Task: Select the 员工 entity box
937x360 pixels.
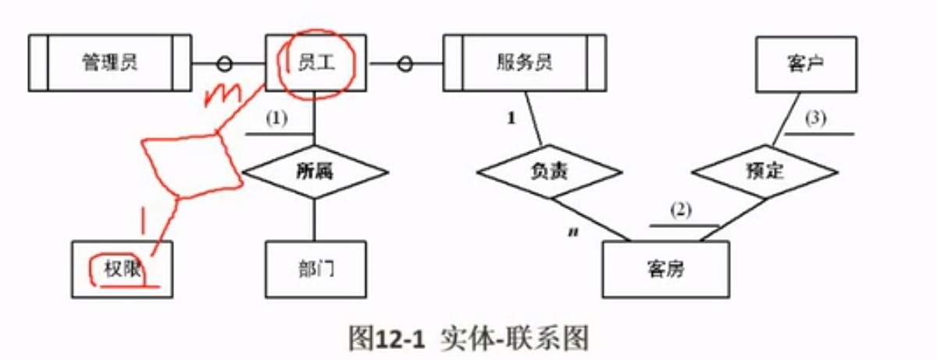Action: pos(315,62)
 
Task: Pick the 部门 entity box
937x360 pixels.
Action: pos(315,269)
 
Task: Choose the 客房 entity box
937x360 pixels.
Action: pos(666,269)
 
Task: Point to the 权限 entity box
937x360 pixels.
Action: pos(122,269)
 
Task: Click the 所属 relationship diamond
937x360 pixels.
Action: pos(315,171)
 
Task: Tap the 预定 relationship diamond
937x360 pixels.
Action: pos(764,171)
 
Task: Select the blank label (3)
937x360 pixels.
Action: pos(815,119)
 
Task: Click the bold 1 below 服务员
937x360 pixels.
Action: pos(512,120)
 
